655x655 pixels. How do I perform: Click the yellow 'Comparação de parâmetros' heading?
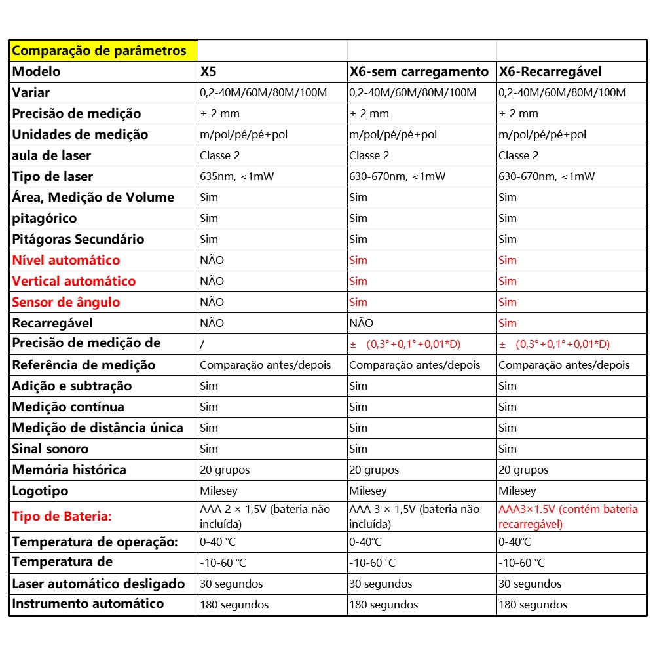[99, 50]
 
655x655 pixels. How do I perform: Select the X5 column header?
[208, 71]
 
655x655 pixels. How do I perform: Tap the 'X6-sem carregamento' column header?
[419, 71]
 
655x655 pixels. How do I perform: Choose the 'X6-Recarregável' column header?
[550, 71]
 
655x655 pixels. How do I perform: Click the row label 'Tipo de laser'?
[52, 176]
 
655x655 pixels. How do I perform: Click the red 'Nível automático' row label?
[66, 260]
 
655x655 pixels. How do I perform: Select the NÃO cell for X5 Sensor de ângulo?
[212, 302]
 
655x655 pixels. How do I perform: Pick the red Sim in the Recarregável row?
[508, 323]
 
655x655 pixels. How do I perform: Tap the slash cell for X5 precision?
[202, 344]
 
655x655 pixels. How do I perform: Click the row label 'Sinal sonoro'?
[50, 449]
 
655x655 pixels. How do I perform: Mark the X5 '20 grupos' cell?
[225, 470]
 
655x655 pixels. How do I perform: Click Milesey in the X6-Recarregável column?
[517, 491]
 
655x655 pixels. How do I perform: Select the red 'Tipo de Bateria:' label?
[62, 516]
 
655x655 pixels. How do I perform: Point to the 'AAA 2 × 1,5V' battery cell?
[265, 516]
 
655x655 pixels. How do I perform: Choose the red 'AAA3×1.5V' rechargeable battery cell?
[568, 516]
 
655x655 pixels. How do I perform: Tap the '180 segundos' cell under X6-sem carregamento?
[384, 605]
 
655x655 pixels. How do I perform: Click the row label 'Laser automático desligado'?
[99, 584]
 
